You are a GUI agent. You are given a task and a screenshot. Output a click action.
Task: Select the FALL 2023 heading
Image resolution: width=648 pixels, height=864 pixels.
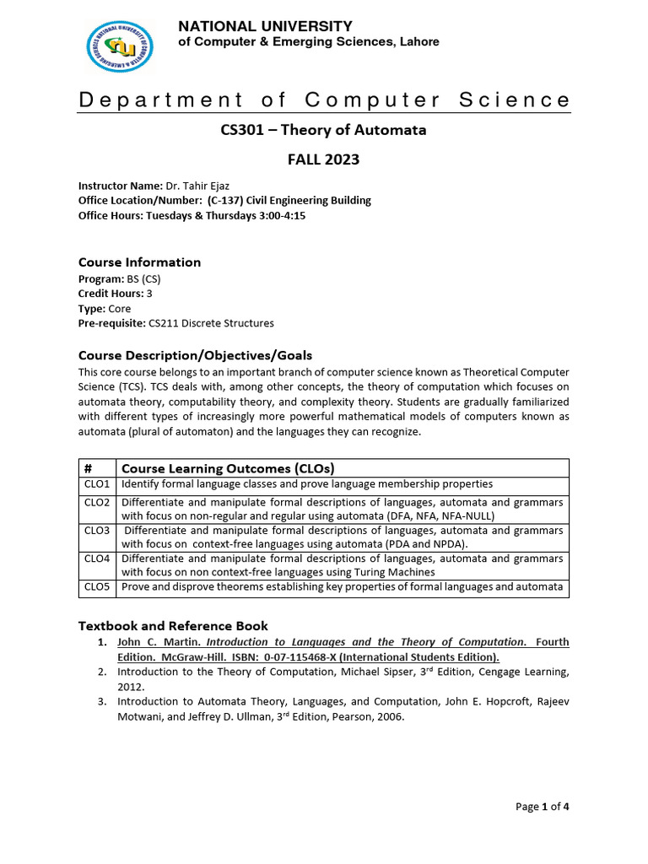click(324, 159)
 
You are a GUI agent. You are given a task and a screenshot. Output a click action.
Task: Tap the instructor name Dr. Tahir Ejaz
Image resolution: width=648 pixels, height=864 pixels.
click(200, 186)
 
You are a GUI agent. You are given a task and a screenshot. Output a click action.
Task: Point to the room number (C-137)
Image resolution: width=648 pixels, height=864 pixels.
click(224, 200)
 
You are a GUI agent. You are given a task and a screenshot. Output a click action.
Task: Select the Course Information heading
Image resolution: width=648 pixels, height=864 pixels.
click(139, 262)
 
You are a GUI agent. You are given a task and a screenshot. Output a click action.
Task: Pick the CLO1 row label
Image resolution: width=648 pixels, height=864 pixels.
click(96, 484)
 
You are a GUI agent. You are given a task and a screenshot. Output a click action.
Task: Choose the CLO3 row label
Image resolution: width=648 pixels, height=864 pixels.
click(96, 531)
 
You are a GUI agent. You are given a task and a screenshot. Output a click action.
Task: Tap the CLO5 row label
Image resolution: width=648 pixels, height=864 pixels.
click(96, 586)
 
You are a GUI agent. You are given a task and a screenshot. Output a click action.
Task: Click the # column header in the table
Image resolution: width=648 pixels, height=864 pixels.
click(88, 468)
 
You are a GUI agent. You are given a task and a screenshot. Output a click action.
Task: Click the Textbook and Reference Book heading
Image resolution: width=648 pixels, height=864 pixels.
click(173, 625)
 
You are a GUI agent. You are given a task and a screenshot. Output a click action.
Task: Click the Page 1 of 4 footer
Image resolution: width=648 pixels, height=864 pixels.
click(543, 807)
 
